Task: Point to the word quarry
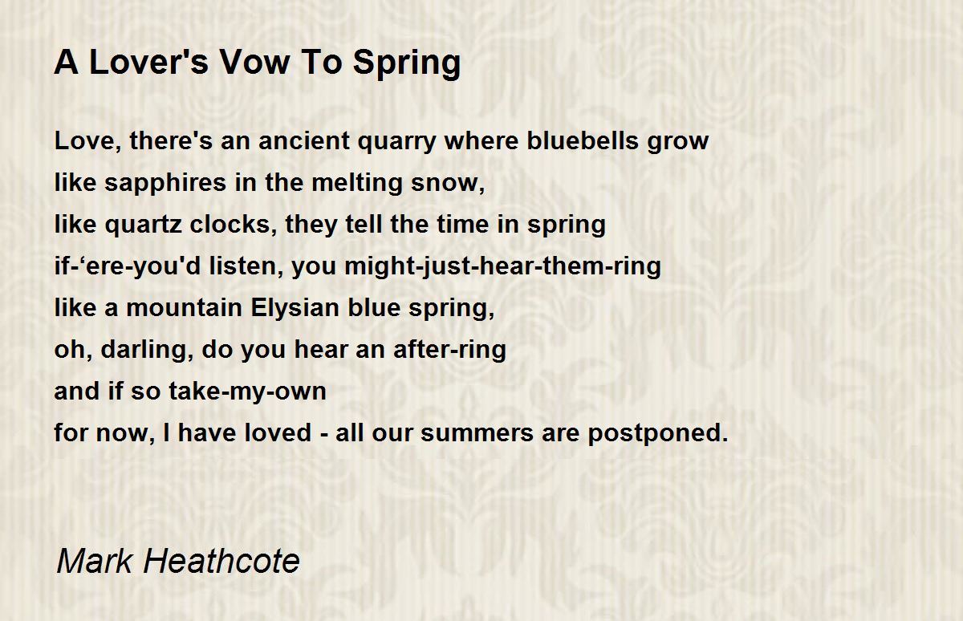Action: coord(397,143)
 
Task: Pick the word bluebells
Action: coord(583,140)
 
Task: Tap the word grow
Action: coord(678,143)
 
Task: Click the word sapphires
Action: coord(165,184)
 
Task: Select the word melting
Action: coord(357,184)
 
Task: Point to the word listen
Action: coord(246,266)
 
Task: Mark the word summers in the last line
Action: coord(477,433)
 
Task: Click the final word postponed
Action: coord(658,434)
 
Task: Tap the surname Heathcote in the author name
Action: coord(221,561)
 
